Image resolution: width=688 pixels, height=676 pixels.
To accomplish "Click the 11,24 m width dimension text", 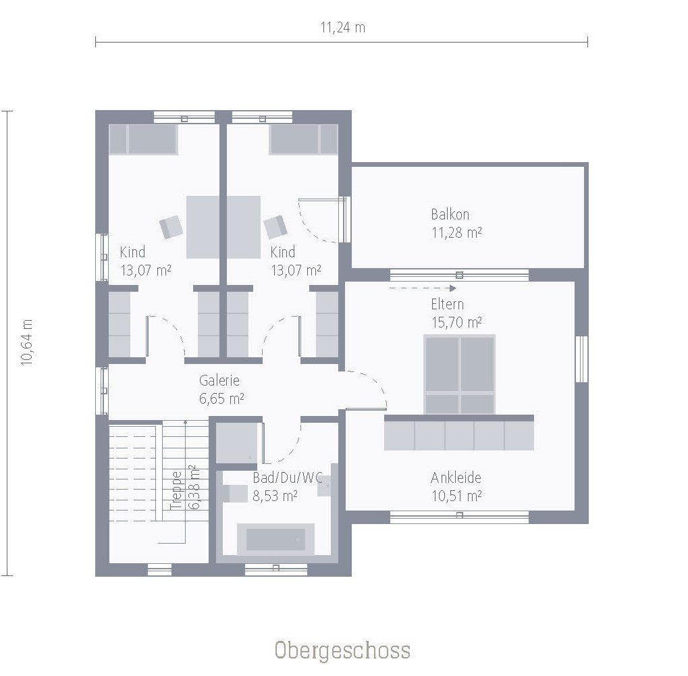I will pos(342,28).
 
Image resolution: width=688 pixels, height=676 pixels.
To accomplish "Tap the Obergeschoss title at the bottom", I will pos(342,650).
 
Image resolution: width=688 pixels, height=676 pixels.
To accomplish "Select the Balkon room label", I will pos(450,215).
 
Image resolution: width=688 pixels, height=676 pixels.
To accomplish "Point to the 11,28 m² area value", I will pos(456,233).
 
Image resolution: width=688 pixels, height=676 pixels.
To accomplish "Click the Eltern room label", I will pos(447,304).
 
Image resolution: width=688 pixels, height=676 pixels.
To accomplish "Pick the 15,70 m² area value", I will pos(456,322).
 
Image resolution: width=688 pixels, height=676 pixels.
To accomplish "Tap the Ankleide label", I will pos(456,478).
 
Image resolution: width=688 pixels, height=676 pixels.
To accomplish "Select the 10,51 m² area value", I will pos(456,496).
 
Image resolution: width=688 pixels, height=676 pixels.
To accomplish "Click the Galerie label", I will pos(219,381).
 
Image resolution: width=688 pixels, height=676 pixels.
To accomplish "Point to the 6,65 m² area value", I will pos(221,398).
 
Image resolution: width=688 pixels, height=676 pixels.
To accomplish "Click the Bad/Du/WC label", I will pos(287,478).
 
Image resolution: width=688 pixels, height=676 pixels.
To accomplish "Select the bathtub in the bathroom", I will pos(275,539).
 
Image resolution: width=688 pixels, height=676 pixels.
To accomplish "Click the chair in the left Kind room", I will pos(171,226).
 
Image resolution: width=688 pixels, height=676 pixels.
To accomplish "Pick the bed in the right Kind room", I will pos(303,139).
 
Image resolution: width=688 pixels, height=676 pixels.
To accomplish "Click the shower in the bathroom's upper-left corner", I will pos(236,442).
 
